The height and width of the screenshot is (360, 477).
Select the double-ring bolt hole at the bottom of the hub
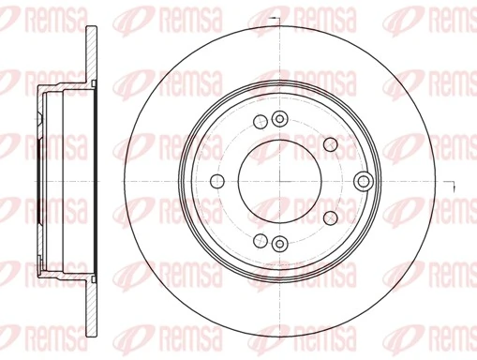pyautogui.click(x=278, y=245)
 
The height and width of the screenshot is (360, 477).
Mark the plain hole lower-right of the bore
pyautogui.click(x=328, y=217)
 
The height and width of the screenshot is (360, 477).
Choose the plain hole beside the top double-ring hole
pyautogui.click(x=259, y=122)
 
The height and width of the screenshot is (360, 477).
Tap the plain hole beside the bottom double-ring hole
pyautogui.click(x=259, y=241)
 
